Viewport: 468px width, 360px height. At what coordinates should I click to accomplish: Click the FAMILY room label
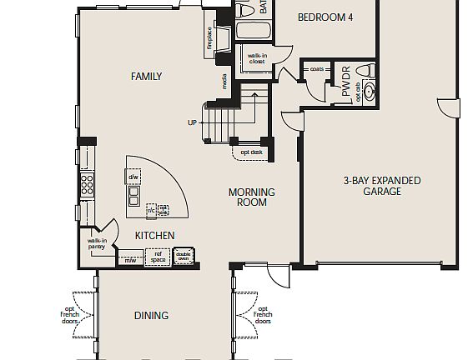[x=146, y=77]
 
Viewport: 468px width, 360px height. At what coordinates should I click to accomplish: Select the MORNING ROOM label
[x=252, y=197]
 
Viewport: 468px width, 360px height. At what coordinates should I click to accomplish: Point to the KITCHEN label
[x=155, y=236]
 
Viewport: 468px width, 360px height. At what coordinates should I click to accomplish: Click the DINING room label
[x=151, y=316]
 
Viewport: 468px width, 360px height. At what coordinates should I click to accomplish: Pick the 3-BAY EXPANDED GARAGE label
[x=382, y=186]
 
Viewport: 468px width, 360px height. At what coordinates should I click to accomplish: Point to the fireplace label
[x=209, y=37]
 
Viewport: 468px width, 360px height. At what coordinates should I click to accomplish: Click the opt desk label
[x=250, y=152]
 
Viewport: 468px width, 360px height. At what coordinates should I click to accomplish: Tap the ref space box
[x=157, y=257]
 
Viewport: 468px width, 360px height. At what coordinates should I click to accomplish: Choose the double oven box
[x=183, y=257]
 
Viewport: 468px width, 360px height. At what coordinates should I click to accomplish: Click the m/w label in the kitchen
[x=130, y=261]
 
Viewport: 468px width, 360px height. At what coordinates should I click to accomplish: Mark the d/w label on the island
[x=133, y=177]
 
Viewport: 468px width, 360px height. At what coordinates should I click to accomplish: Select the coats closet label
[x=317, y=70]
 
